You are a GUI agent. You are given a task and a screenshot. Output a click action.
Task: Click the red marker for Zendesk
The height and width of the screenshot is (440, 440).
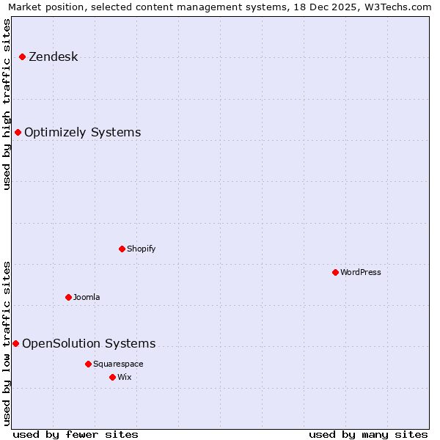[22, 56]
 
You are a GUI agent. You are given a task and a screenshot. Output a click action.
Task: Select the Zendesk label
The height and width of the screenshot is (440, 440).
[53, 57]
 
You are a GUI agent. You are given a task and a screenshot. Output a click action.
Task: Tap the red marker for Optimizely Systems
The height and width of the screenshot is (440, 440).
[18, 132]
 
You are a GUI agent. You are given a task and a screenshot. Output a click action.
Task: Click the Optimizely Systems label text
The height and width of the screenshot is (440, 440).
[82, 133]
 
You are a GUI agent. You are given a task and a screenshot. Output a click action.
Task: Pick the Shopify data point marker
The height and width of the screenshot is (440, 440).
[122, 249]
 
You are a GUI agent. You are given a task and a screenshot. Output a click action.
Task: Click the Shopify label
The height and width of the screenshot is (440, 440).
[141, 249]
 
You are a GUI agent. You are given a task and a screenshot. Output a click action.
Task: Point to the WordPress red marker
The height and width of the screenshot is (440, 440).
[335, 272]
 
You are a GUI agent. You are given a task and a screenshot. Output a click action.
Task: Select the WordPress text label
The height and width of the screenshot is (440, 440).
[360, 273]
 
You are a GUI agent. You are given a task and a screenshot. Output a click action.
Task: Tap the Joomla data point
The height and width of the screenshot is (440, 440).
[68, 297]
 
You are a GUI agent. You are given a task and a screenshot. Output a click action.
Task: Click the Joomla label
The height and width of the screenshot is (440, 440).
[87, 298]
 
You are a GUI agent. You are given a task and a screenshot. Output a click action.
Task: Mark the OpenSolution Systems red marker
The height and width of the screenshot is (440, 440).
[15, 343]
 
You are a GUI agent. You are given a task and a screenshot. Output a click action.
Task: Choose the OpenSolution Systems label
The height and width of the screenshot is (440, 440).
[89, 344]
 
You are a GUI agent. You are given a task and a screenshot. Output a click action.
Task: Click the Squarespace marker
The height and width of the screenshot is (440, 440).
[88, 364]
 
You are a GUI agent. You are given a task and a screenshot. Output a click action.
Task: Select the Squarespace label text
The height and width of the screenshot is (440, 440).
[118, 364]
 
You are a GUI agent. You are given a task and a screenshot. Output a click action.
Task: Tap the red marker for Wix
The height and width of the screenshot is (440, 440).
[112, 377]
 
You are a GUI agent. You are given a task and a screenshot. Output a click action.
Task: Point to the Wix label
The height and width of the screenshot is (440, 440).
[125, 378]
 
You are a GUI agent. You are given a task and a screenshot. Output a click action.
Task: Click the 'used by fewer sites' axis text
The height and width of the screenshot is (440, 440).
[76, 434]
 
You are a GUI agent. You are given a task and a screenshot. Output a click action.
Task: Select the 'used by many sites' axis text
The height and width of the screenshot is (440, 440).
[368, 434]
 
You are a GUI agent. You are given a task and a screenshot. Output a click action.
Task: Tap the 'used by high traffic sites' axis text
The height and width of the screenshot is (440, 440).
[7, 104]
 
